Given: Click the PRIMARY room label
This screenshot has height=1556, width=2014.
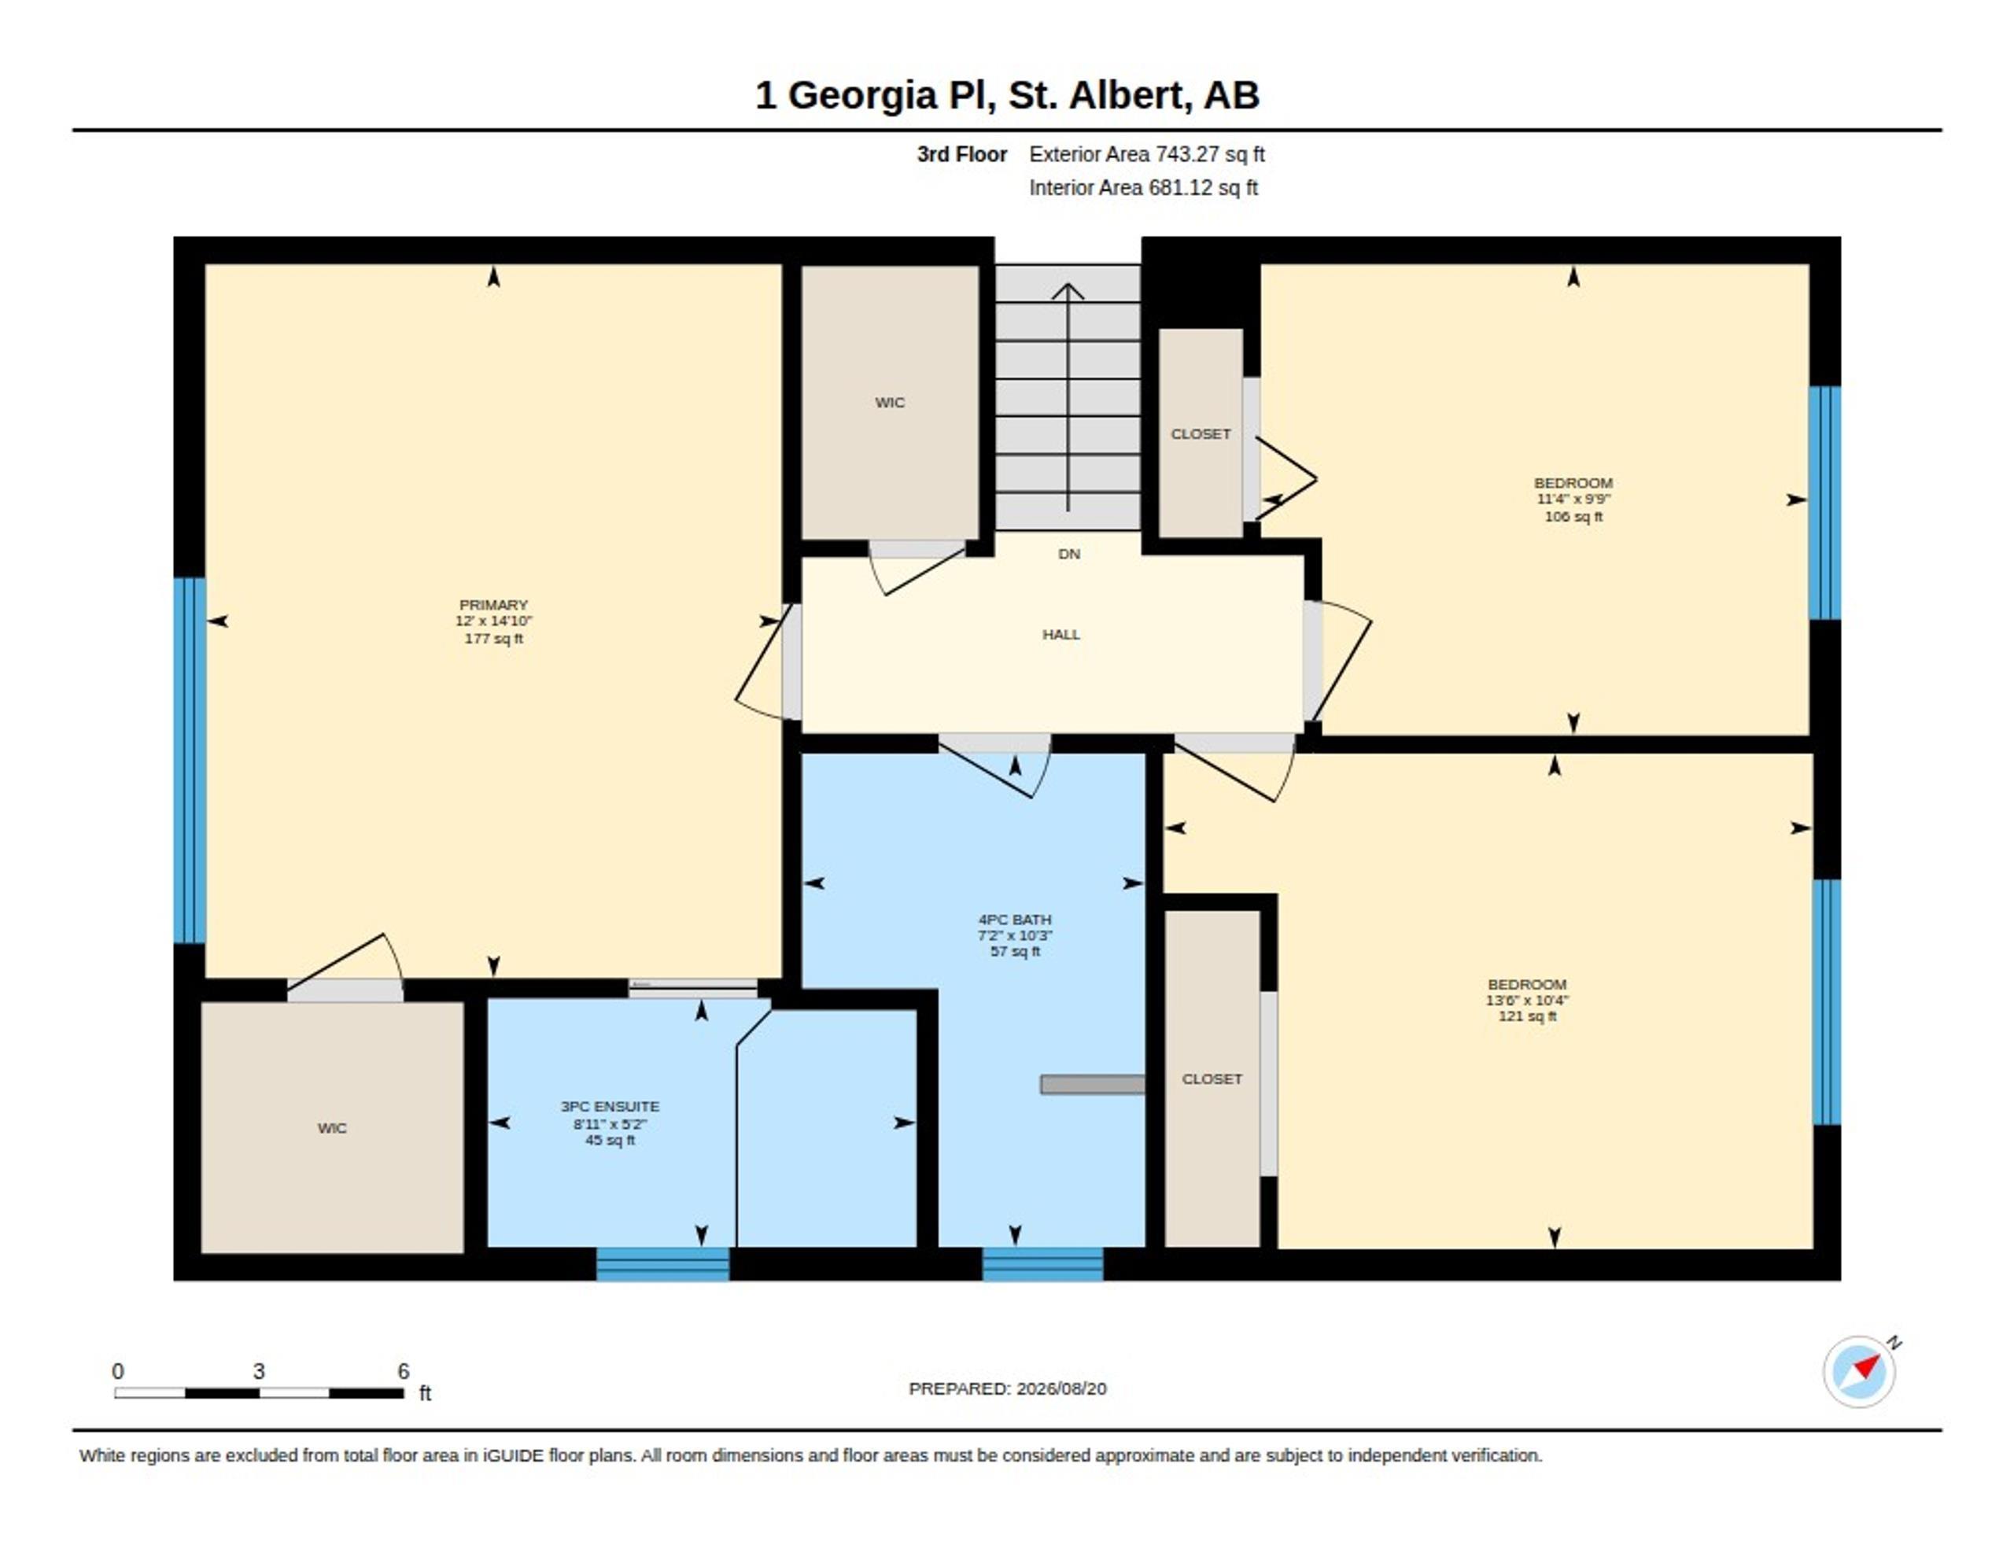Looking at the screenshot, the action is tap(493, 605).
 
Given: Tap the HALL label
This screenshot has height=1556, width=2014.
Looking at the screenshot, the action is tap(1060, 635).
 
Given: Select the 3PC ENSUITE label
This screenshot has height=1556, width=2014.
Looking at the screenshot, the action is tap(610, 1106).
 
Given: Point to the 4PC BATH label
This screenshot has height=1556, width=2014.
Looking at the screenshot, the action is tap(1014, 920).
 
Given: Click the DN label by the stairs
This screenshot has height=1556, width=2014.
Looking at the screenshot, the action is tap(1069, 555).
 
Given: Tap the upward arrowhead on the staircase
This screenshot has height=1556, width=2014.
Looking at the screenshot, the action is tap(1068, 292).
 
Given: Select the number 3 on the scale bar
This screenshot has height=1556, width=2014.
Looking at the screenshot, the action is tap(259, 1372).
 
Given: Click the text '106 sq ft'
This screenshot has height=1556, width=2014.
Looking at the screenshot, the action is tap(1573, 517).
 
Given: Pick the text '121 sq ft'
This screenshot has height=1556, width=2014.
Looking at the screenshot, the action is tap(1527, 1016).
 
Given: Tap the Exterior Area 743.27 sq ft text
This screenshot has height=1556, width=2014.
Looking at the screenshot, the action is tap(1147, 155).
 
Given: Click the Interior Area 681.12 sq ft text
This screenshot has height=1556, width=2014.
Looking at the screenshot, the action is tap(1143, 188).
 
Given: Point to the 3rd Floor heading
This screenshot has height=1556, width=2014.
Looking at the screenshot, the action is tap(962, 155).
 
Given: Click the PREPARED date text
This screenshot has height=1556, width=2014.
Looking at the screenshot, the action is tap(1007, 1389).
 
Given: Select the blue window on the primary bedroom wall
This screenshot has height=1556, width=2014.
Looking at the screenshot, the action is tap(190, 760).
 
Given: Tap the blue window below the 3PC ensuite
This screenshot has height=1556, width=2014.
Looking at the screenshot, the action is tap(663, 1263).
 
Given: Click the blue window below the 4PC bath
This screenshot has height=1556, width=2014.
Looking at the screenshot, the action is tap(1043, 1263).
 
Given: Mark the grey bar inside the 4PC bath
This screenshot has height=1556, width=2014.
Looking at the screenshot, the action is tap(1093, 1085).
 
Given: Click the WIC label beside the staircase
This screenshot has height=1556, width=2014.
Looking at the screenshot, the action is tap(890, 403).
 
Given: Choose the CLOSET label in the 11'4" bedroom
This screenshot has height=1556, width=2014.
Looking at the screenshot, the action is tap(1201, 434).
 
